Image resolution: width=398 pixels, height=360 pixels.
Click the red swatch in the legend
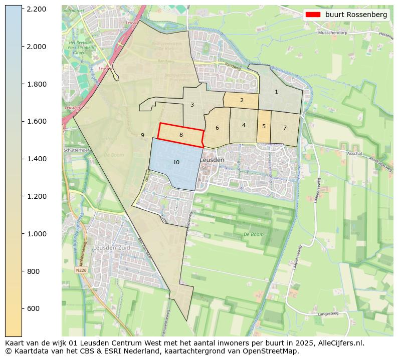pos(313,15)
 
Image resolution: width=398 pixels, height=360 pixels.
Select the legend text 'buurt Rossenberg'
pos(356,15)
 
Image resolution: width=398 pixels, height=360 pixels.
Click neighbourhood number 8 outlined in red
pos(181,135)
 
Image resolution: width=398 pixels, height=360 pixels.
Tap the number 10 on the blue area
pos(176,162)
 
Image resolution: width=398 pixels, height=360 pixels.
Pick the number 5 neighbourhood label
pos(264,126)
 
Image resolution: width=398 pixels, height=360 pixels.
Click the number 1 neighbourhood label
pos(276,92)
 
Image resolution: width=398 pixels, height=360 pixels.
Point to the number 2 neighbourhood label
pos(242,100)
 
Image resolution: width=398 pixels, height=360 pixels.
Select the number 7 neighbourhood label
pos(285,128)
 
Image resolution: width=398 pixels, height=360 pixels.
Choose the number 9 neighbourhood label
pos(142,135)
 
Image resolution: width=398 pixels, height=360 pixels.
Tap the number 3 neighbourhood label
pos(192,105)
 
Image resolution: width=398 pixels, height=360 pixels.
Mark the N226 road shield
pos(81,270)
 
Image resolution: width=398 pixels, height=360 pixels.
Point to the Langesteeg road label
pos(328,314)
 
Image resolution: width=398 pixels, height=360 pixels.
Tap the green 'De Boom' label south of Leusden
pos(253,234)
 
